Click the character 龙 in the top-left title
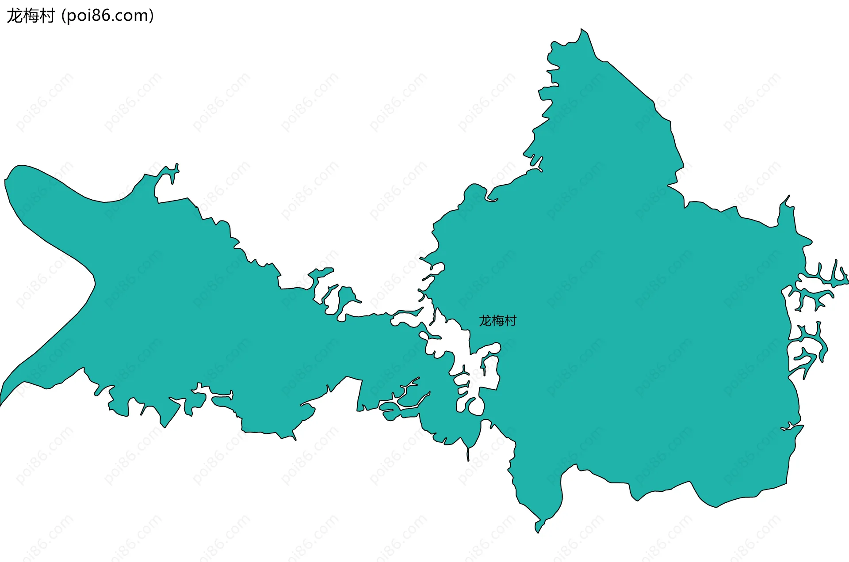pyautogui.click(x=14, y=16)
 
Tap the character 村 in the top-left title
pyautogui.click(x=46, y=16)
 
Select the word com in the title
pyautogui.click(x=132, y=16)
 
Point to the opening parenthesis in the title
pyautogui.click(x=63, y=16)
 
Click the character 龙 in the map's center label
pyautogui.click(x=485, y=321)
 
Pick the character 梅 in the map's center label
pyautogui.click(x=497, y=321)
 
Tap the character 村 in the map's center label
pyautogui.click(x=510, y=321)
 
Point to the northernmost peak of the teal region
pyautogui.click(x=581, y=29)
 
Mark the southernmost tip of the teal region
pyautogui.click(x=538, y=532)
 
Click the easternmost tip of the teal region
pyautogui.click(x=847, y=281)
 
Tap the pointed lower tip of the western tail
pyautogui.click(x=1, y=403)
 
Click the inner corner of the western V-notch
pyautogui.click(x=94, y=280)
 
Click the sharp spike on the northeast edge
pyautogui.click(x=788, y=197)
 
